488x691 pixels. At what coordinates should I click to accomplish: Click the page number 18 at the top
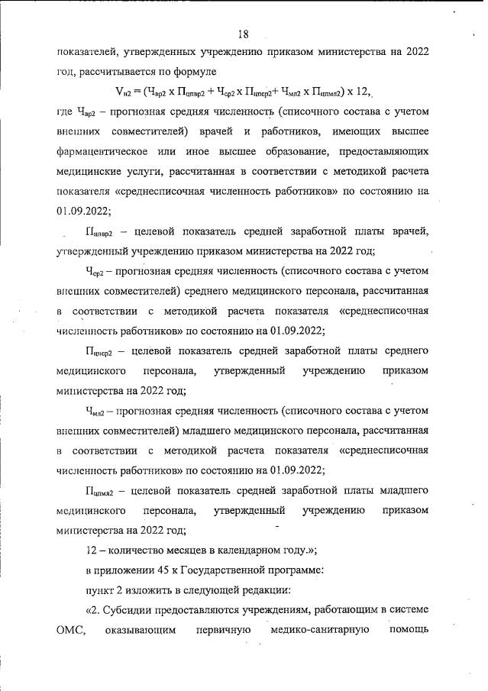(x=243, y=34)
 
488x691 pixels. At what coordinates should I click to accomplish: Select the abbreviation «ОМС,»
(x=73, y=630)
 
